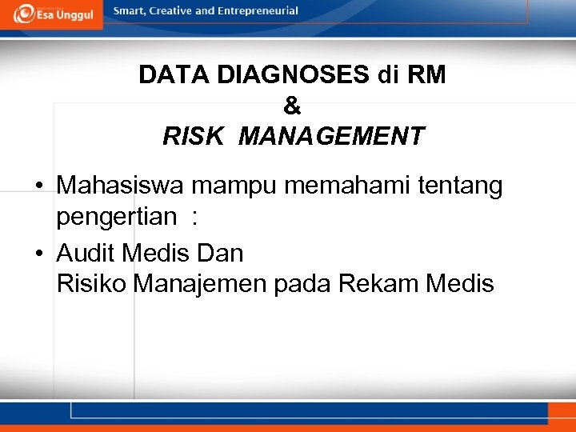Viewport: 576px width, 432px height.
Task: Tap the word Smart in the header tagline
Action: click(130, 11)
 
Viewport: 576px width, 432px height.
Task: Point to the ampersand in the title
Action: click(292, 105)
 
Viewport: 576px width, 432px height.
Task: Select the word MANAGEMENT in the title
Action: click(331, 135)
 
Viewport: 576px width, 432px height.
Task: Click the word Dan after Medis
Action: click(218, 253)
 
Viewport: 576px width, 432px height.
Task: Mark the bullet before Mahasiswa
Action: click(38, 186)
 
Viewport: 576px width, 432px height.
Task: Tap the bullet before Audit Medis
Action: click(38, 254)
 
